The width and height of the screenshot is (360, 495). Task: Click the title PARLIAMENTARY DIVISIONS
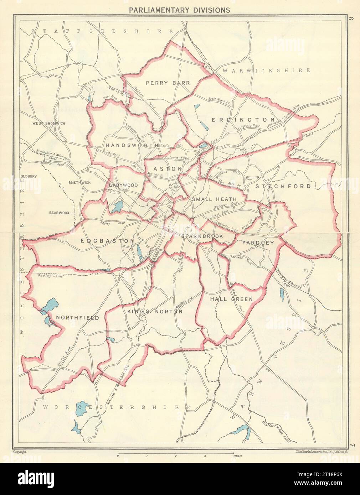point(179,10)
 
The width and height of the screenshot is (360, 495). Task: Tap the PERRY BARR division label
point(168,83)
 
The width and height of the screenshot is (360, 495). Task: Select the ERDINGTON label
point(243,120)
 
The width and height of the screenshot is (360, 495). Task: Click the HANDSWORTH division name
point(131,146)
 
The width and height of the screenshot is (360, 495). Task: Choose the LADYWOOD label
point(123,185)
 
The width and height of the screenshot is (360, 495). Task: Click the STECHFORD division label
point(283,186)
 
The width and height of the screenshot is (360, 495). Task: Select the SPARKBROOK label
point(202,236)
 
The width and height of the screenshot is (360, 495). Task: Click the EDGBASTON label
point(107,241)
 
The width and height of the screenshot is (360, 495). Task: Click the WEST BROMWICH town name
point(49,123)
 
